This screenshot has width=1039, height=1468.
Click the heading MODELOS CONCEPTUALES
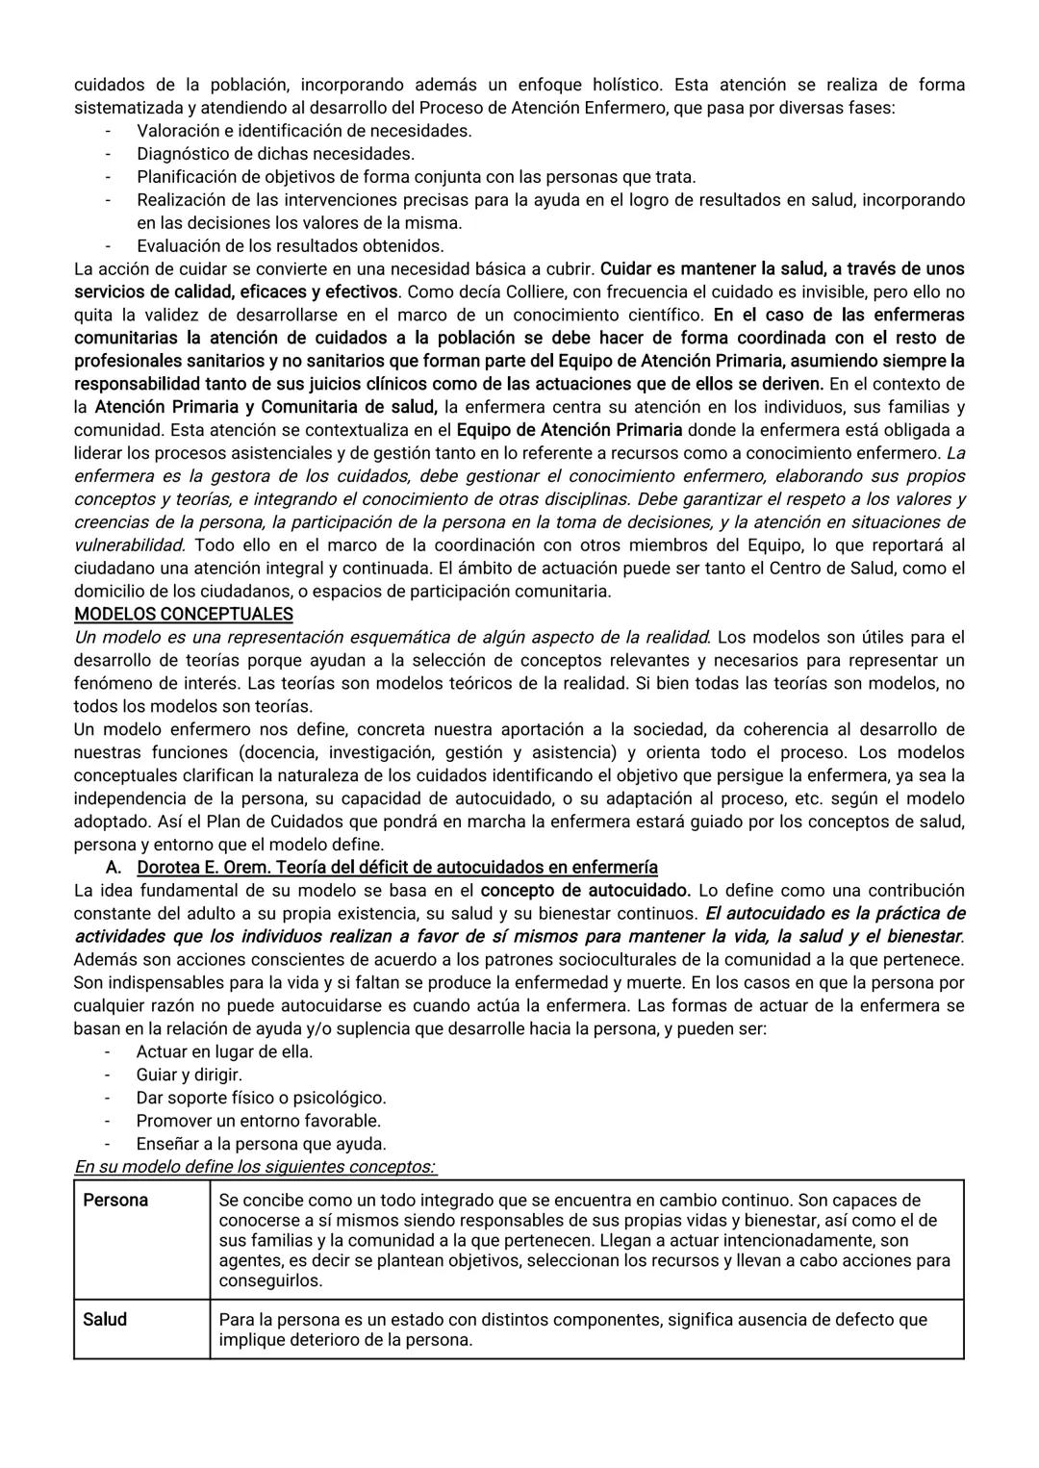(x=184, y=614)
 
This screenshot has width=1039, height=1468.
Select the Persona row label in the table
(x=115, y=1201)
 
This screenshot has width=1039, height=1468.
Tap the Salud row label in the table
(x=105, y=1320)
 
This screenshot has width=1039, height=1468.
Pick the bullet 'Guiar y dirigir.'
(x=189, y=1075)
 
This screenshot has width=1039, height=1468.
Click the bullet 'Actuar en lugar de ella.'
(x=224, y=1051)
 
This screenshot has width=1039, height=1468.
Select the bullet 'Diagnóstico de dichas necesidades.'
(x=275, y=154)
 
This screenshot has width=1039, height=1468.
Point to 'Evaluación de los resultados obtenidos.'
(x=290, y=245)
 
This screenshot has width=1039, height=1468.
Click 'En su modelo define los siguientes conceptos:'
(x=255, y=1167)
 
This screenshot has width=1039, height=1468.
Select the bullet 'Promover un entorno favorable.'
(x=258, y=1121)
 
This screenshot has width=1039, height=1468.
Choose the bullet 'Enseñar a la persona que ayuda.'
(x=261, y=1144)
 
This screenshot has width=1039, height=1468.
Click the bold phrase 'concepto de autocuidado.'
(x=585, y=890)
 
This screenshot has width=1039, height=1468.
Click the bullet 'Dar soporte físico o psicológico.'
(x=261, y=1098)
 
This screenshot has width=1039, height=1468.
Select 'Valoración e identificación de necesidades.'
(x=304, y=131)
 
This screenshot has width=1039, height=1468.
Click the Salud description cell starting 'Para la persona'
(x=572, y=1329)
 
